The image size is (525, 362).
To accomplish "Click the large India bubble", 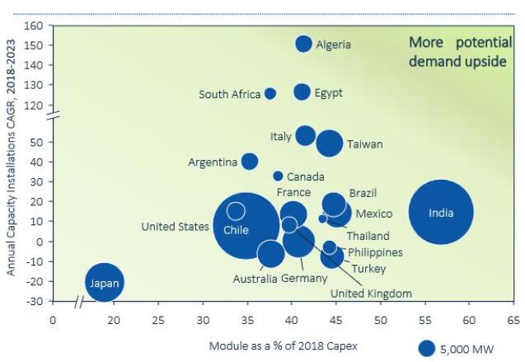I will click(441, 213).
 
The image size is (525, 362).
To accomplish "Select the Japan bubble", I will click(105, 283).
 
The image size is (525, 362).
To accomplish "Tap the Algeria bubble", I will click(303, 44).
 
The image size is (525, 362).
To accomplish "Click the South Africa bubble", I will click(270, 94).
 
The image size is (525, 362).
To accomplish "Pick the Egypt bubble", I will click(302, 92).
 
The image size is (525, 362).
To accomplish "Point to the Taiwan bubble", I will click(329, 143).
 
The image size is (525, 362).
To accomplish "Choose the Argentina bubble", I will click(249, 162).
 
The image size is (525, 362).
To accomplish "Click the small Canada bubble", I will click(278, 176).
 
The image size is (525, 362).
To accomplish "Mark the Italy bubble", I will click(305, 135).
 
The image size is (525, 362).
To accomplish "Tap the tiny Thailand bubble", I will click(322, 219).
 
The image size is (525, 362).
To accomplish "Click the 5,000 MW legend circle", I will click(426, 348).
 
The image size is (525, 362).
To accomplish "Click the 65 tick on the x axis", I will click(513, 318).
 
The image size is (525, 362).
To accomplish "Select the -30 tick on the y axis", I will click(32, 301).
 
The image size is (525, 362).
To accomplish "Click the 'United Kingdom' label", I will click(371, 293).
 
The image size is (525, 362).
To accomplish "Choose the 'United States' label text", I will click(175, 226).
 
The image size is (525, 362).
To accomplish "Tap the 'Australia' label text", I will click(255, 279).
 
